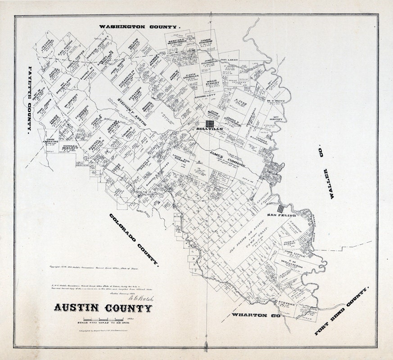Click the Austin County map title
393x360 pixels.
point(103,308)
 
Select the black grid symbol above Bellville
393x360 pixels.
point(210,123)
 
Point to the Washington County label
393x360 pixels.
point(139,27)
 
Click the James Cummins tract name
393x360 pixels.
point(227,158)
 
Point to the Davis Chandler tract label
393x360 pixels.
point(192,77)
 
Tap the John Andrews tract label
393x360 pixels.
point(52,140)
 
